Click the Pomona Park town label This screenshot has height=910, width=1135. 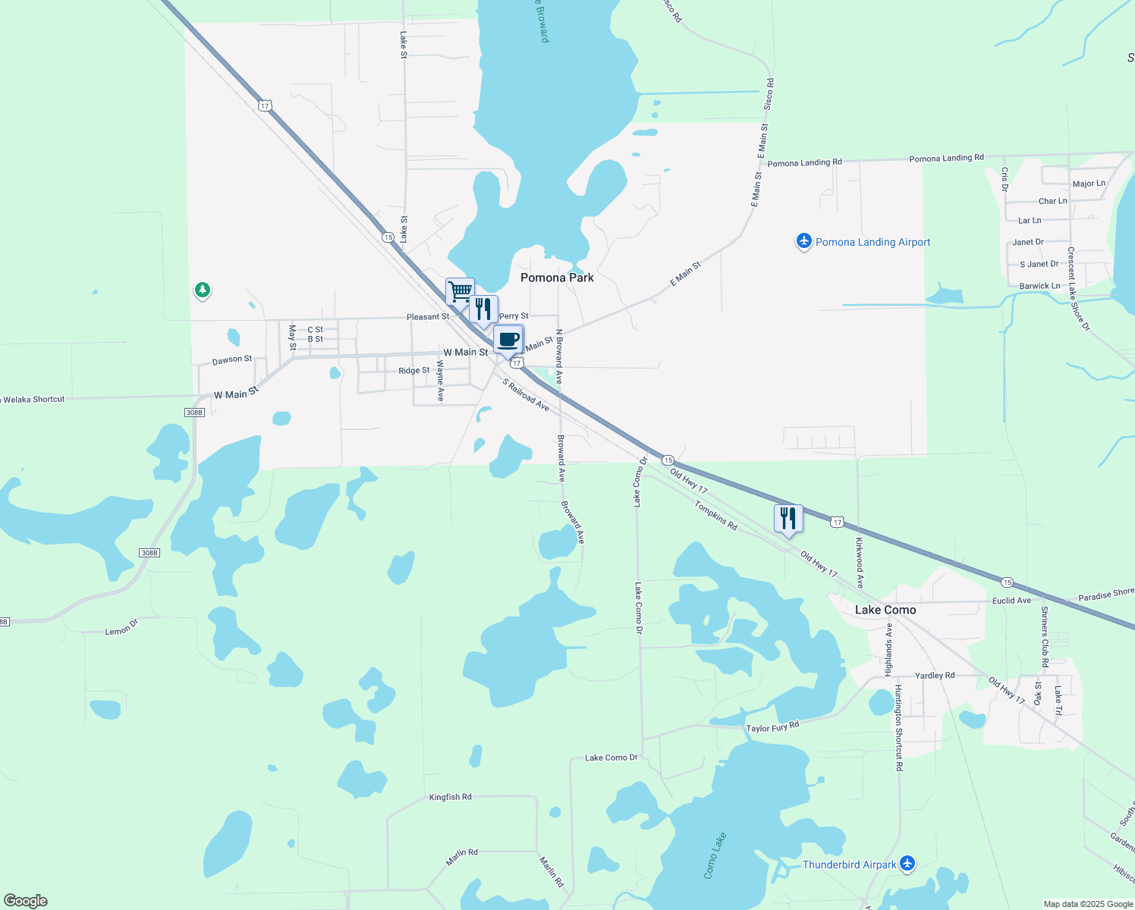(557, 278)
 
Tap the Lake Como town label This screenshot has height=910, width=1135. (885, 610)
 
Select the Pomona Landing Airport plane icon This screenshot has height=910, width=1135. (803, 242)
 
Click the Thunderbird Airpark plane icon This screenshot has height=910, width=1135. (907, 864)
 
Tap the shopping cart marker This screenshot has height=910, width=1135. (460, 291)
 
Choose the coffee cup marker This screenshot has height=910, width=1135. (508, 339)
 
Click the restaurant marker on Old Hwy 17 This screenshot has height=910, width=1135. (788, 518)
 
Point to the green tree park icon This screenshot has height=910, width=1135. (202, 290)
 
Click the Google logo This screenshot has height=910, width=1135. (25, 901)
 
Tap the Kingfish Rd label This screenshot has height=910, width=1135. (450, 797)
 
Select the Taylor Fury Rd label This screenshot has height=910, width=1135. (772, 727)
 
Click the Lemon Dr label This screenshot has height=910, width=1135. (121, 627)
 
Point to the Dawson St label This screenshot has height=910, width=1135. (232, 359)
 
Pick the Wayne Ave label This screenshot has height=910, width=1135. (440, 381)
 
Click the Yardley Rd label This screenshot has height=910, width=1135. (935, 675)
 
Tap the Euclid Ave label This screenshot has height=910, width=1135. (1011, 601)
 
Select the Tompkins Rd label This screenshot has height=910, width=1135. (715, 515)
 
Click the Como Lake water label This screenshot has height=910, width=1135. (715, 855)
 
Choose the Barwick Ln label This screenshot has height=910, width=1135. (1039, 286)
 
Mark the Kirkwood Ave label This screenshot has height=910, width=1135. (860, 563)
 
